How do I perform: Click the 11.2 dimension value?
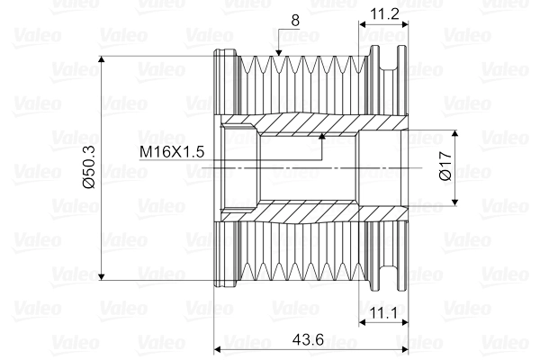click(x=384, y=14)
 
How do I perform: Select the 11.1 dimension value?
click(x=384, y=313)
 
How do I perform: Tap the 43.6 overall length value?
click(x=308, y=340)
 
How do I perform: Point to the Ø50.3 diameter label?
click(x=89, y=167)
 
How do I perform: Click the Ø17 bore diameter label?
click(x=445, y=166)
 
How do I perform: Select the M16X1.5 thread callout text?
click(x=172, y=151)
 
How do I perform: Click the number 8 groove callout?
click(x=295, y=21)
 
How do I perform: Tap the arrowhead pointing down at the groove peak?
click(x=279, y=52)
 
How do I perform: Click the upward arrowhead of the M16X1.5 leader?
click(x=322, y=137)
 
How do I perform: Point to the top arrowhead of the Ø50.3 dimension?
click(x=101, y=59)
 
